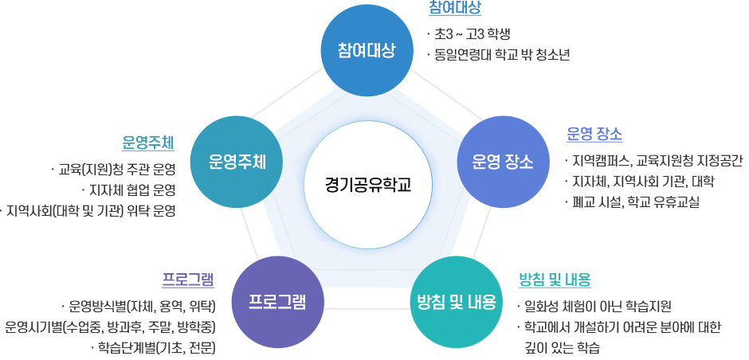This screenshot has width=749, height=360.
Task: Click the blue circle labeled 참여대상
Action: point(367,50)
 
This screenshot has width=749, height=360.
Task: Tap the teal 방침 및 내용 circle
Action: point(457,302)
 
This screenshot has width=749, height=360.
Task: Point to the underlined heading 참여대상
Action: point(455,9)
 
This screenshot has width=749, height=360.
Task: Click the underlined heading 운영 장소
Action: point(594,133)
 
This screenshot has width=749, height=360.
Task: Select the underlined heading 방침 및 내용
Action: point(555,280)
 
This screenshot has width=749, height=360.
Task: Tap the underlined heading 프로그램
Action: point(188,279)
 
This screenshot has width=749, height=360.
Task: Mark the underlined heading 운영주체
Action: point(148,143)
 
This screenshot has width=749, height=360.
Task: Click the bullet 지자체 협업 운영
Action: point(132,190)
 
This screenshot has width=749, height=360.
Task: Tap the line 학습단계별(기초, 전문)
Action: point(157,348)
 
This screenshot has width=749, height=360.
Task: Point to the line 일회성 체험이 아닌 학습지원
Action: point(598,306)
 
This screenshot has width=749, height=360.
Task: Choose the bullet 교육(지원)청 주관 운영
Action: point(117,170)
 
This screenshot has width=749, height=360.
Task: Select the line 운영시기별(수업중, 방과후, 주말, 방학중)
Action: point(111,327)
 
